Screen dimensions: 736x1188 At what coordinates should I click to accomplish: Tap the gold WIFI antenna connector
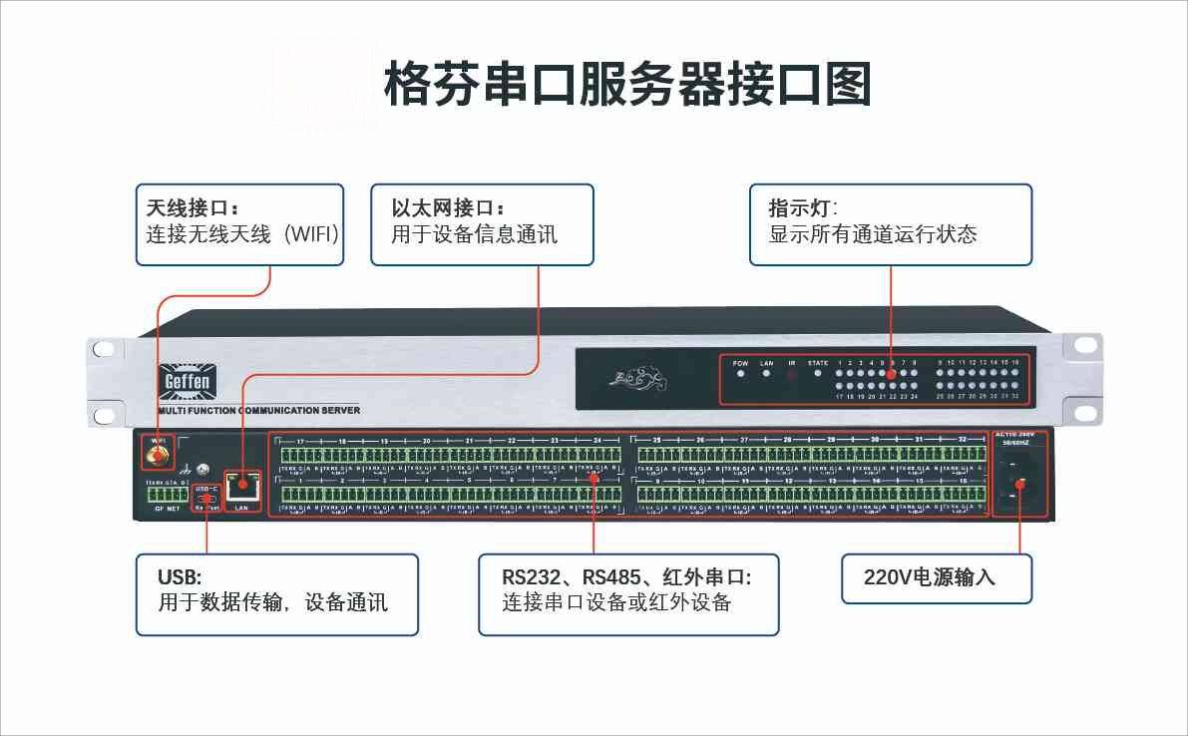(x=156, y=458)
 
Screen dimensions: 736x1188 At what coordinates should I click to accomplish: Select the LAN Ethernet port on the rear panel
(x=240, y=488)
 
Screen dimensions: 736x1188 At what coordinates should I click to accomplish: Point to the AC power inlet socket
(x=1018, y=477)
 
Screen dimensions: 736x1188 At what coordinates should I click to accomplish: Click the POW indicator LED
(x=740, y=375)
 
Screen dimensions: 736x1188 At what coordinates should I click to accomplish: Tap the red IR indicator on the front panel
(x=792, y=376)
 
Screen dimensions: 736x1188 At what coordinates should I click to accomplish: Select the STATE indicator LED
(x=818, y=375)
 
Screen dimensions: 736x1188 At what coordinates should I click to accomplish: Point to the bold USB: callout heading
(x=180, y=577)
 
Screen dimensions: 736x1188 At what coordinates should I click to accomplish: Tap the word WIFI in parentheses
(x=313, y=235)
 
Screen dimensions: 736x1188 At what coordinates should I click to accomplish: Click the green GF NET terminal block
(x=166, y=496)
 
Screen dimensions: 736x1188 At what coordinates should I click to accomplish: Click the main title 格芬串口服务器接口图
(x=627, y=84)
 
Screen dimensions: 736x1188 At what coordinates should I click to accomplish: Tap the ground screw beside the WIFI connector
(x=202, y=469)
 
